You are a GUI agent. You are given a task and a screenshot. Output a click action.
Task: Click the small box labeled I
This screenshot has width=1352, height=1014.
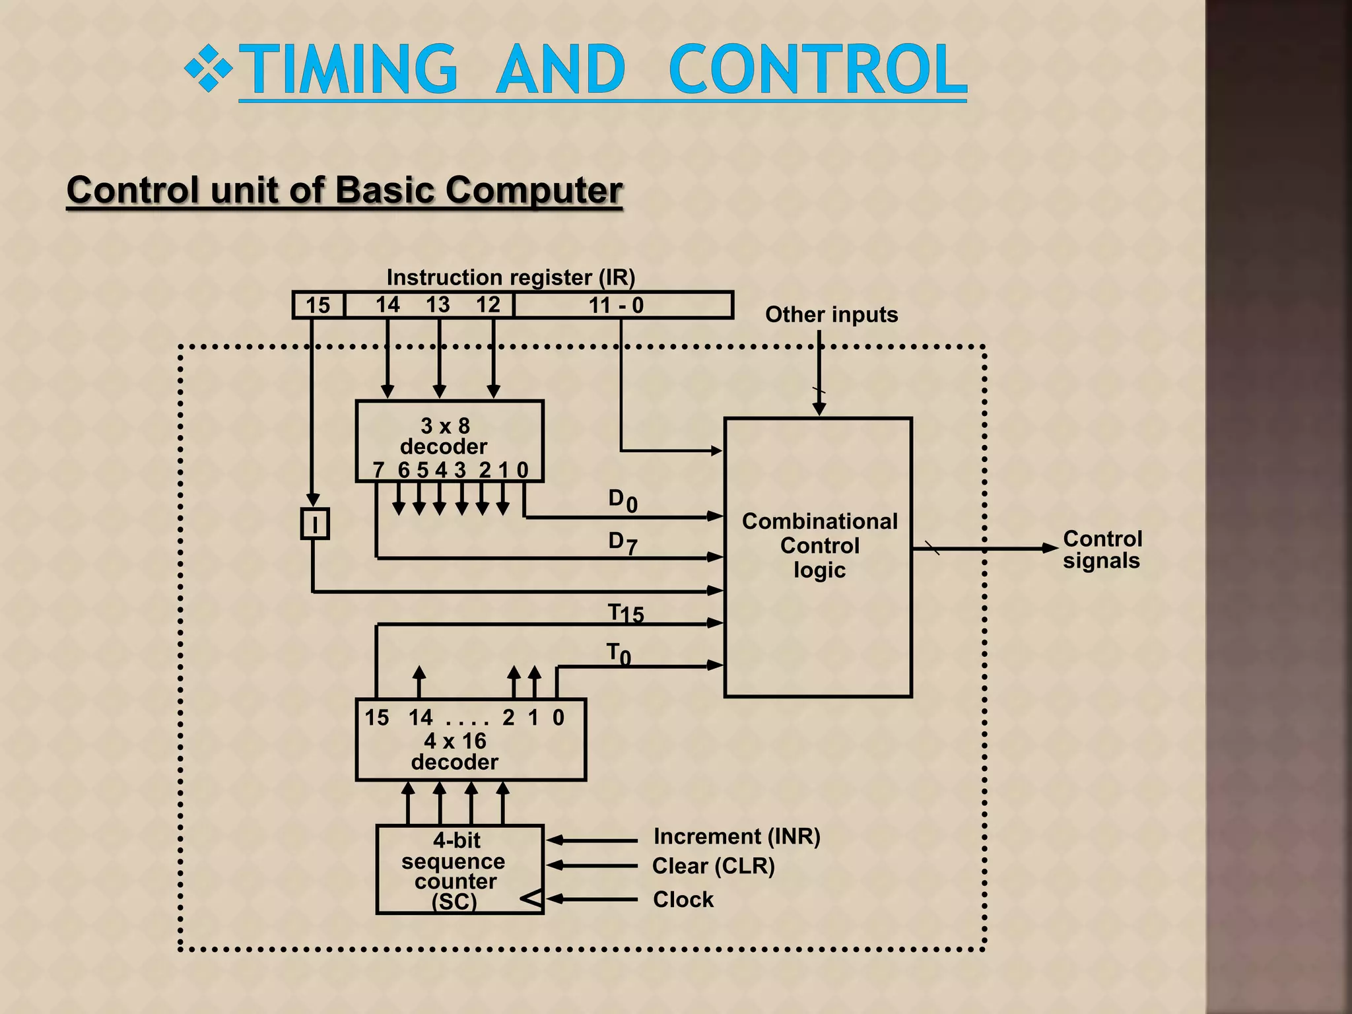tap(315, 524)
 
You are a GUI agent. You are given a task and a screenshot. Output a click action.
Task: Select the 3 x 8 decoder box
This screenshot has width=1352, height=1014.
tap(449, 440)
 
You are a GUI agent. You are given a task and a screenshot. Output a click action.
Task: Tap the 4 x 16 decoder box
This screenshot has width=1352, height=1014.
tap(470, 740)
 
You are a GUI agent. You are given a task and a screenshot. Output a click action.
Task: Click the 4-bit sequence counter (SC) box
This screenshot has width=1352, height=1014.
tap(459, 869)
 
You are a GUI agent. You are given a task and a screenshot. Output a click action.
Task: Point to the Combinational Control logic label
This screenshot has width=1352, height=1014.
tap(819, 545)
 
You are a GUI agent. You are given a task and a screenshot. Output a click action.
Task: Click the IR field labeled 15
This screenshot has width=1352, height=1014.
tap(318, 305)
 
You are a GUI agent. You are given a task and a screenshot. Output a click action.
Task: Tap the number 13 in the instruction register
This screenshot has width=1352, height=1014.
tap(438, 304)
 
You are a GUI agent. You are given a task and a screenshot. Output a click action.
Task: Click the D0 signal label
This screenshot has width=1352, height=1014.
tap(623, 500)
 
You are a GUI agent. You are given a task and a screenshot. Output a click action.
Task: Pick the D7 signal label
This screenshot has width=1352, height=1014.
tap(623, 543)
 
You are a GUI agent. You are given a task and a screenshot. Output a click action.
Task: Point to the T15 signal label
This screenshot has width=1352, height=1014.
tap(625, 613)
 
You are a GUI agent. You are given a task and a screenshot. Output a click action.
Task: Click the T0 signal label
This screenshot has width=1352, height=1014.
tap(619, 654)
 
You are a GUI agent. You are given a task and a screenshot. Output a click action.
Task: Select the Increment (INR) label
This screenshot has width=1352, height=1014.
tap(736, 836)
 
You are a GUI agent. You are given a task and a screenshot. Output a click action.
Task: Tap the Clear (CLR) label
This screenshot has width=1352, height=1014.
tap(713, 865)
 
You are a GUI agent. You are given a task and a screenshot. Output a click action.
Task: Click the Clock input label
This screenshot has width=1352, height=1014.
tap(683, 899)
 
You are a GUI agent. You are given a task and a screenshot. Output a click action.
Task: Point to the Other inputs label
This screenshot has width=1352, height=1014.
tap(831, 314)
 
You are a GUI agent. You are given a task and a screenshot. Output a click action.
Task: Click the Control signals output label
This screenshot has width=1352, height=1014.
tap(1102, 549)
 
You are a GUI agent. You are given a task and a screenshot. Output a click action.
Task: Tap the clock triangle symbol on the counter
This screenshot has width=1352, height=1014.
tap(532, 898)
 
